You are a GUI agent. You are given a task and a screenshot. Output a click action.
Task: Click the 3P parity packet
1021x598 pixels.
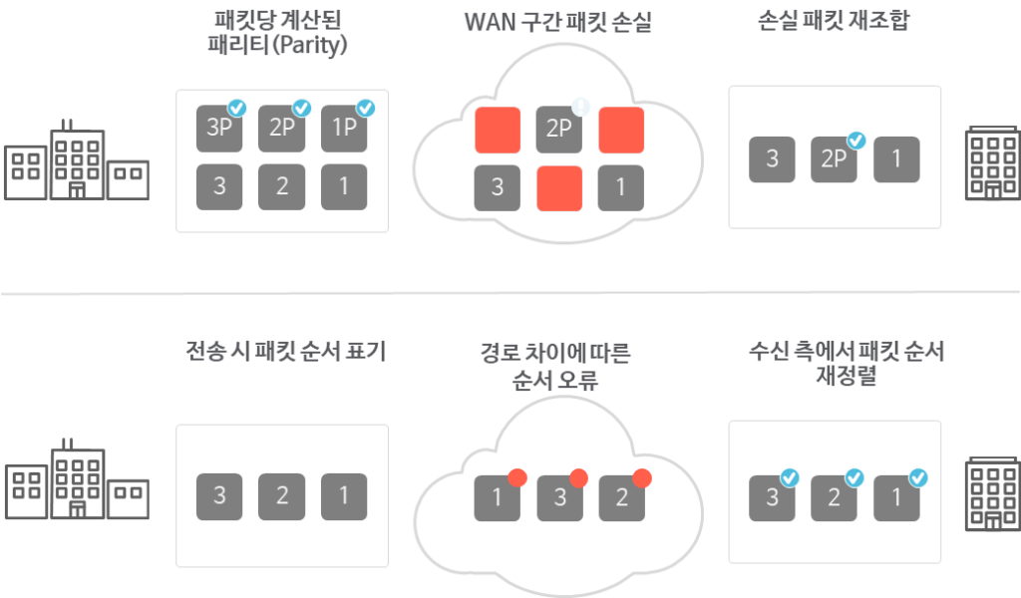pos(218,129)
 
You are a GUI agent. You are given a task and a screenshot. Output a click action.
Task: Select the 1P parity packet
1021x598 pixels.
pos(343,129)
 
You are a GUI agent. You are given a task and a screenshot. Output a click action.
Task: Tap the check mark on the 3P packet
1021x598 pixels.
pos(237,107)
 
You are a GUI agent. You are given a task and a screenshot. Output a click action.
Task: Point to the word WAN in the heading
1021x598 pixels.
pos(489,22)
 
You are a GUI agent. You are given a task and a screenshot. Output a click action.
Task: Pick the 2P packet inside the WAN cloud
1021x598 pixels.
pos(559,129)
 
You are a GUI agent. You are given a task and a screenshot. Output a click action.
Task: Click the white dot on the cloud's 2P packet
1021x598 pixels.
pos(579,105)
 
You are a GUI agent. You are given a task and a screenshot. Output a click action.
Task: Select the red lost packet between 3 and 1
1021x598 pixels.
pos(559,187)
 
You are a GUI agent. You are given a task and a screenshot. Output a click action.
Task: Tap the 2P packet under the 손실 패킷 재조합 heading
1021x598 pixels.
pos(834,159)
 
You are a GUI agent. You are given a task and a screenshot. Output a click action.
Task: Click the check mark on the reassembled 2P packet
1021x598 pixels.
pos(855,141)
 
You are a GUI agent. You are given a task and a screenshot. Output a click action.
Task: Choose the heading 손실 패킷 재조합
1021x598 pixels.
pos(834,22)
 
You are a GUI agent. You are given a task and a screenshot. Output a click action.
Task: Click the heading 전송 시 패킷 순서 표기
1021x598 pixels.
pos(285,352)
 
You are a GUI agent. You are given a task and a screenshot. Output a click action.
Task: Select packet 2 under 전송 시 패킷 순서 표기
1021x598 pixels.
pos(281,496)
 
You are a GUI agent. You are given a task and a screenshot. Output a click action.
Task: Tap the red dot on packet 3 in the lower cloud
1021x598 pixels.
pos(579,477)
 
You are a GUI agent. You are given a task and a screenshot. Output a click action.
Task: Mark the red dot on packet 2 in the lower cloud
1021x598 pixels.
pos(641,477)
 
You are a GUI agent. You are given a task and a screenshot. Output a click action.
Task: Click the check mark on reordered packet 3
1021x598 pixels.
pos(789,478)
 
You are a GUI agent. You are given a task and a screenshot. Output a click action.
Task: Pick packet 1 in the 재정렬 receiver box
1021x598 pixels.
pos(896,497)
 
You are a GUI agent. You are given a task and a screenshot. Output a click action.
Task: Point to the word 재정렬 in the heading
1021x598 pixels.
pos(846,378)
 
